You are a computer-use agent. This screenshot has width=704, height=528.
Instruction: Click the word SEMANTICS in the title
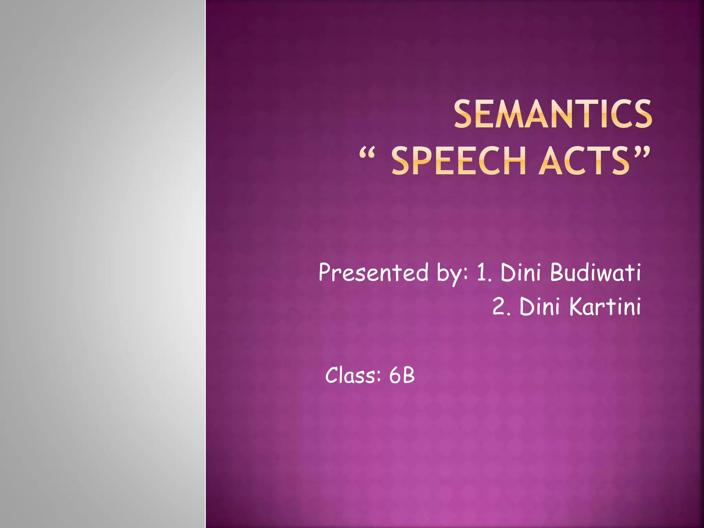click(x=553, y=114)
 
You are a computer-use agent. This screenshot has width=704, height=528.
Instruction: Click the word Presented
click(x=374, y=273)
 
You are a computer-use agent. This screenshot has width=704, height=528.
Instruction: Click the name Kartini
click(x=605, y=306)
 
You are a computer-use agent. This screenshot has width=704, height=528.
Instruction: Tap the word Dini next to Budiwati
click(x=521, y=273)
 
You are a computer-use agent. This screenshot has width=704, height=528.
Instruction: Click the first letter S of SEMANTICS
click(x=464, y=114)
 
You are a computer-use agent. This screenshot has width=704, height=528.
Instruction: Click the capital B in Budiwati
click(x=557, y=273)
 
